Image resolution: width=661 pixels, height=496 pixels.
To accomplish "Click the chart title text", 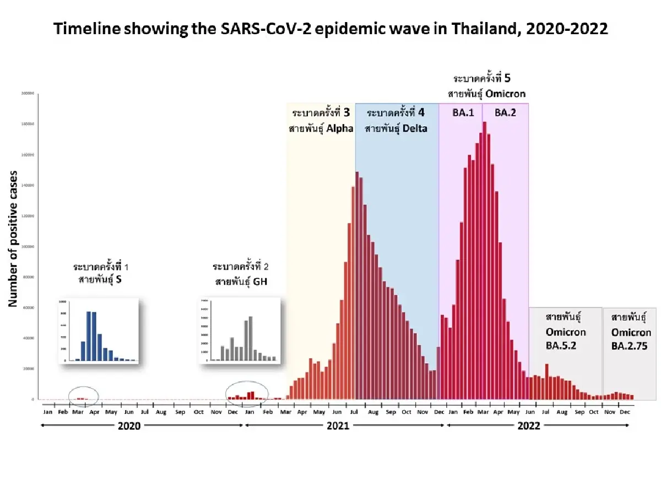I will [x=330, y=29].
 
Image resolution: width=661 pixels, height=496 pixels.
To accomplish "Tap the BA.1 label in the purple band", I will [x=459, y=112].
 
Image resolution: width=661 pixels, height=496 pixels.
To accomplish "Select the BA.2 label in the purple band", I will [x=505, y=112].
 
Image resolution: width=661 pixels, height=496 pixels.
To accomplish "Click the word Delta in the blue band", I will [x=414, y=128].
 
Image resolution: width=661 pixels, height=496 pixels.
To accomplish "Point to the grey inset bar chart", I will [x=239, y=331].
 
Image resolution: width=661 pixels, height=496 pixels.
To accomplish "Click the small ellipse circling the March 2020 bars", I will [x=83, y=395].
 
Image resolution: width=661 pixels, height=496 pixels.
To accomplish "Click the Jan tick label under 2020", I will [x=48, y=412].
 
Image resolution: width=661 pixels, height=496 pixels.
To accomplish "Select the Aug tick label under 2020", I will [x=161, y=412].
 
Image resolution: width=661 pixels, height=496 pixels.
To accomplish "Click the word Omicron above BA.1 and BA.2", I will [x=505, y=93].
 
